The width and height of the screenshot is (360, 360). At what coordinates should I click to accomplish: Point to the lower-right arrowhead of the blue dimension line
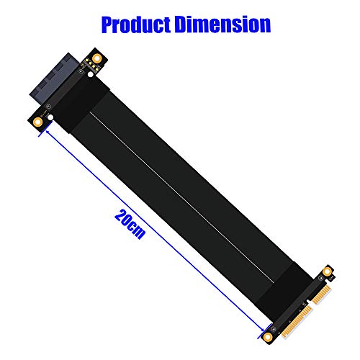click(x=261, y=328)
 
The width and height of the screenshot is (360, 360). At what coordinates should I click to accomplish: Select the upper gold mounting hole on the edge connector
click(x=328, y=271)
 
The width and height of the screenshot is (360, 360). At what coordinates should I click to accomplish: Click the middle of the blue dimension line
click(x=154, y=230)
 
